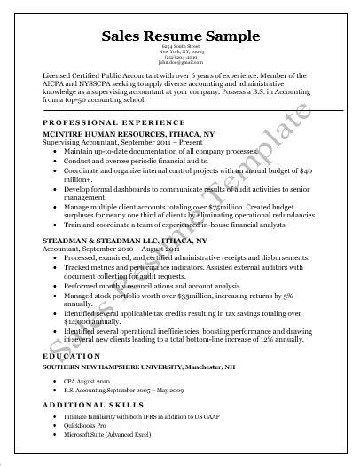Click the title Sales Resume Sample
180,36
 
